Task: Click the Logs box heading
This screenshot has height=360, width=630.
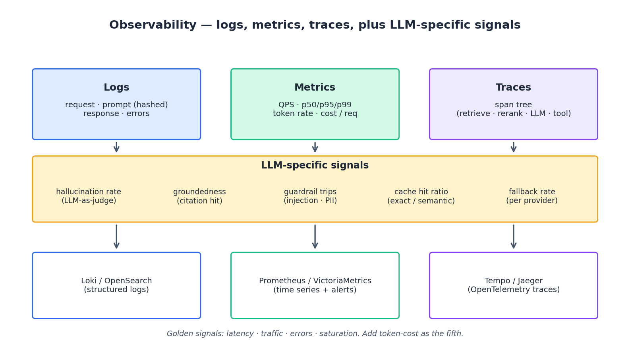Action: [116, 88]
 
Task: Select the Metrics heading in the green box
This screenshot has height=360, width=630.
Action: [315, 88]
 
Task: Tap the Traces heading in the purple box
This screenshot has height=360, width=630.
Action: [513, 88]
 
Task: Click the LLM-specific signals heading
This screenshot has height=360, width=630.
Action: [315, 166]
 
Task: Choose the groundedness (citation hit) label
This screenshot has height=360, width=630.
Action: [199, 196]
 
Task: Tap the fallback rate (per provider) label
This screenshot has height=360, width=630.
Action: [531, 196]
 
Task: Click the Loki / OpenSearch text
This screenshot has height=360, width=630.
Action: [116, 281]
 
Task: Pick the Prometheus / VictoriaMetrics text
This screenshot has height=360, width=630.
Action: [315, 281]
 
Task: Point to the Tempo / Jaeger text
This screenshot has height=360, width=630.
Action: [513, 281]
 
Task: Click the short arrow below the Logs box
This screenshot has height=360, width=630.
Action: [116, 147]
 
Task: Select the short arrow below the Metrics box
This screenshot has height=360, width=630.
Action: [315, 147]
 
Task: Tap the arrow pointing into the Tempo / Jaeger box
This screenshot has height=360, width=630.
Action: [514, 237]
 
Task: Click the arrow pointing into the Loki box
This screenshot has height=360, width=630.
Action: [116, 237]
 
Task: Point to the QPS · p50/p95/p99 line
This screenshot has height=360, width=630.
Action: [315, 105]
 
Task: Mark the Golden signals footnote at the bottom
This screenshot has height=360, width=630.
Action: [315, 334]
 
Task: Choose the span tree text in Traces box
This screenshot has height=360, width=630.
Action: [513, 105]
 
